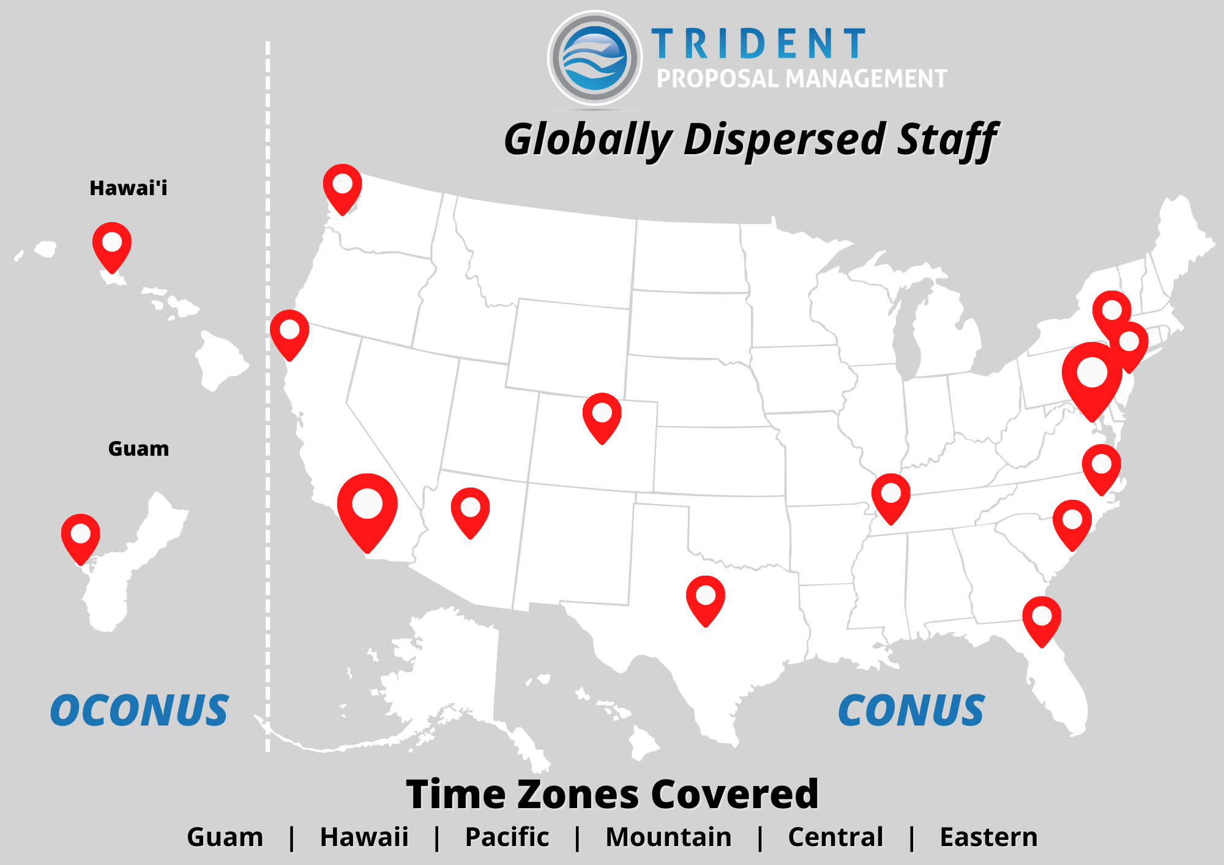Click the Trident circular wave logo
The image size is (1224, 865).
(x=594, y=58)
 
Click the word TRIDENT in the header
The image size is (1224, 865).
(x=758, y=44)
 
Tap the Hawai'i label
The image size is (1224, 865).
(x=128, y=188)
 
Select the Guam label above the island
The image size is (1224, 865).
(x=138, y=448)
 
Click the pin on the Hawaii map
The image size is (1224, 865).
(x=112, y=245)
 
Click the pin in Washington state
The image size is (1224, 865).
(x=342, y=187)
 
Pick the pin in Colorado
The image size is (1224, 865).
(x=602, y=416)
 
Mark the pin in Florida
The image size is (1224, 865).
(x=1041, y=619)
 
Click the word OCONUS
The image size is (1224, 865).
(x=140, y=711)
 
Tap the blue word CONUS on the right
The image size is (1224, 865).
(x=911, y=711)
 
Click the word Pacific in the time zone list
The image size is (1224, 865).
(x=507, y=837)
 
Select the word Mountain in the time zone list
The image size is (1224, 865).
(x=668, y=837)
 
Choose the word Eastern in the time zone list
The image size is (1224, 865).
(x=988, y=837)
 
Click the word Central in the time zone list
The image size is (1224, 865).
(x=835, y=837)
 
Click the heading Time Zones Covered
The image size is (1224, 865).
(x=612, y=794)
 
